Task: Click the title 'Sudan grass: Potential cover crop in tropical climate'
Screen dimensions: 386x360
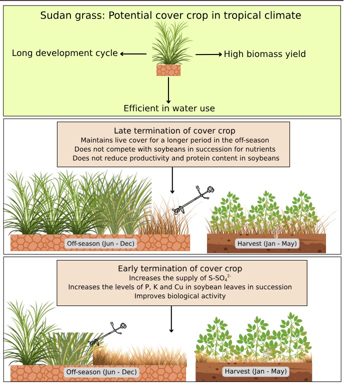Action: coord(170,15)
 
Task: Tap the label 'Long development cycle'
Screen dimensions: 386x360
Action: coord(64,53)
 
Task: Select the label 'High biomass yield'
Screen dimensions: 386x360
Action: coord(264,53)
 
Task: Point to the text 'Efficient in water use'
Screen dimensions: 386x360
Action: coord(169,108)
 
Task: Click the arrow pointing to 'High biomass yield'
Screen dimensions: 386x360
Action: coord(207,53)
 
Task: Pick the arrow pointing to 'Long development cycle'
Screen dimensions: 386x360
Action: coord(133,53)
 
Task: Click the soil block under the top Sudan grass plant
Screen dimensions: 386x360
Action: coord(168,70)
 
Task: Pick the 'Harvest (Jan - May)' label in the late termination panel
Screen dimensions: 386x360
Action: coord(267,243)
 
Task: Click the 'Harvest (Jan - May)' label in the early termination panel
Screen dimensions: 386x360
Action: coord(255,372)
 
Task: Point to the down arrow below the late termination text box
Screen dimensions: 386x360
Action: coord(172,180)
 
